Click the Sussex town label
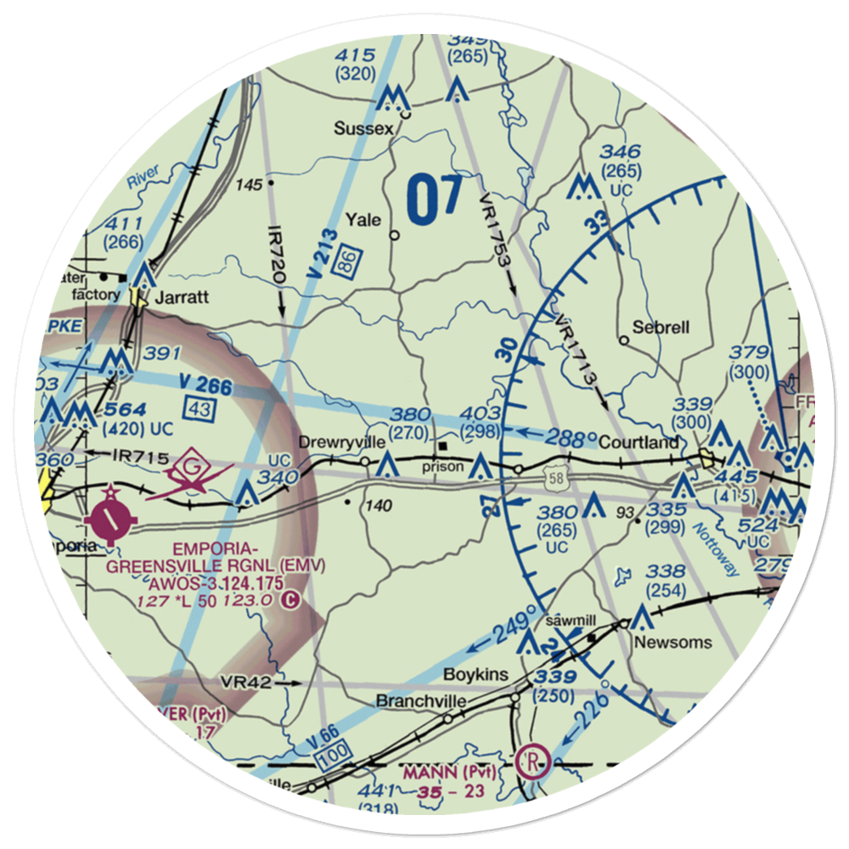click(364, 129)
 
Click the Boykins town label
click(475, 674)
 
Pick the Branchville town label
click(421, 701)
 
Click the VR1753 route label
click(495, 227)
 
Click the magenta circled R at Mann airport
click(535, 758)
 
